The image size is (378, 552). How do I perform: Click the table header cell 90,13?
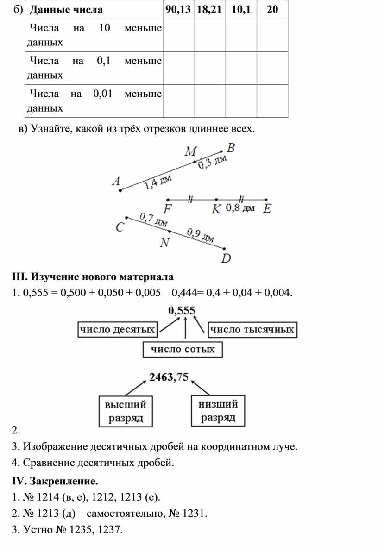[179, 10]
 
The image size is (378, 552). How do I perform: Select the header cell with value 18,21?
[210, 10]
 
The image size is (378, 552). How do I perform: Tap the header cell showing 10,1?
[241, 10]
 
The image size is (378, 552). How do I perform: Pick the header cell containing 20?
[272, 10]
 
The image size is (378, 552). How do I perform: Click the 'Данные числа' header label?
[66, 10]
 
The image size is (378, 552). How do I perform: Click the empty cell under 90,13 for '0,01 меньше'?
[179, 101]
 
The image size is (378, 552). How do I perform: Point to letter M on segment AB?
[190, 151]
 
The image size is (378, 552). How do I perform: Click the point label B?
[231, 148]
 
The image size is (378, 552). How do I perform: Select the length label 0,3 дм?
[212, 162]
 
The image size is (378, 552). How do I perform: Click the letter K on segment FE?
[216, 209]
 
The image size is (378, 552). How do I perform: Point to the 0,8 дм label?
[240, 208]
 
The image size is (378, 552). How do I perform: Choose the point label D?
[226, 258]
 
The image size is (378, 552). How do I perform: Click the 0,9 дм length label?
[201, 235]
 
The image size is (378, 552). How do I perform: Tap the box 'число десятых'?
[117, 330]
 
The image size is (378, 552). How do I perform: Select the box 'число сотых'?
[183, 349]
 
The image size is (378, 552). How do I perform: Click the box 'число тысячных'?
[252, 330]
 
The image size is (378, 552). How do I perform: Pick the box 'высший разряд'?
[126, 411]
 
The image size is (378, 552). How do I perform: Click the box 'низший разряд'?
[218, 411]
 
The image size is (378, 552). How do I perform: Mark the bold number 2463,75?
[169, 377]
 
